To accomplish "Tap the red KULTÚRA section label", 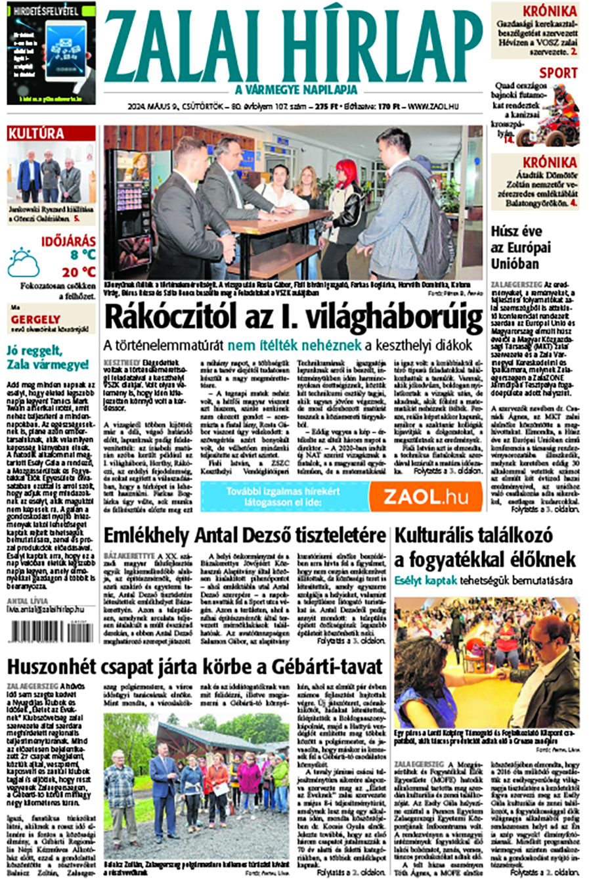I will (36, 134).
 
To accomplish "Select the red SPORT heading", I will (558, 73).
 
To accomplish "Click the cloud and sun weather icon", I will (23, 263).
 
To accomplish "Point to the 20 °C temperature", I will (79, 271).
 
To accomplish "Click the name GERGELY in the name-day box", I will (35, 320).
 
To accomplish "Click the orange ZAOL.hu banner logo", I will (425, 497).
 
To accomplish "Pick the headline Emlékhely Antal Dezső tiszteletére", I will (244, 534).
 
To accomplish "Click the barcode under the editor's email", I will (52, 632).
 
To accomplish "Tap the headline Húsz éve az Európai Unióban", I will (521, 248).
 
